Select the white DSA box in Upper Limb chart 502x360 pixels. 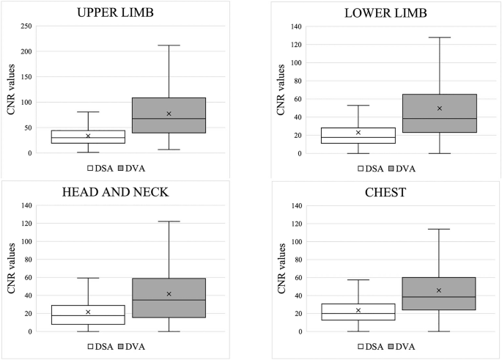click(88, 137)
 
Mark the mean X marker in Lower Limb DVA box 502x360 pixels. click(439, 109)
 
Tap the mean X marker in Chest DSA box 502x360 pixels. click(358, 310)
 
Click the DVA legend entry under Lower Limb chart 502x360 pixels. click(405, 168)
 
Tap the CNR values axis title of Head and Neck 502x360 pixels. click(12, 268)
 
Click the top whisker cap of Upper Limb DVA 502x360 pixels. click(169, 45)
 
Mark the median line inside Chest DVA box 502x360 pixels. click(439, 297)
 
